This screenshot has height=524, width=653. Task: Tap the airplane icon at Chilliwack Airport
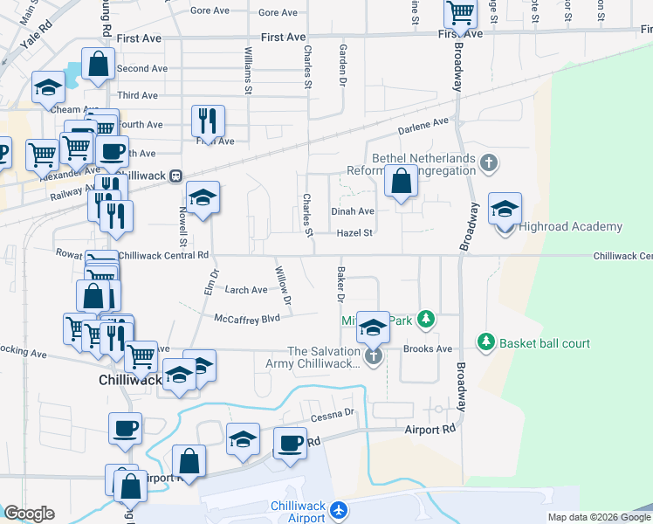click(340, 509)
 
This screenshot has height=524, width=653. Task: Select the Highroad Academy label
click(570, 227)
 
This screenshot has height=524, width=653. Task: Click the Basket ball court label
click(544, 343)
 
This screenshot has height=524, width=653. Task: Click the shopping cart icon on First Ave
click(460, 13)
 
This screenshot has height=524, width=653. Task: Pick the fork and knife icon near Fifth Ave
click(208, 120)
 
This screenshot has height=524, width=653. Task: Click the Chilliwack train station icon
click(176, 175)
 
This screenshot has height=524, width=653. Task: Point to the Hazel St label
click(355, 233)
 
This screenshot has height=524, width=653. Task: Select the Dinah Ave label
click(353, 211)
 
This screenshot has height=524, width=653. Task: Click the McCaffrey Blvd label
click(247, 320)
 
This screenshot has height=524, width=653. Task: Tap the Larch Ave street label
click(246, 290)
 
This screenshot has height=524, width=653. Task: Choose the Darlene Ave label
click(423, 126)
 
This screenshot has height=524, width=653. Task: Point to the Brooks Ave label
click(428, 348)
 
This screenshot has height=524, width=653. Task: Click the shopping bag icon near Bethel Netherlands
click(401, 182)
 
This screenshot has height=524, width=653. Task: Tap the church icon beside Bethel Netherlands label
click(490, 162)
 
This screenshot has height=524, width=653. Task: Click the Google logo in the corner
click(29, 514)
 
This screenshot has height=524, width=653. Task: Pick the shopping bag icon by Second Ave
click(99, 63)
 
